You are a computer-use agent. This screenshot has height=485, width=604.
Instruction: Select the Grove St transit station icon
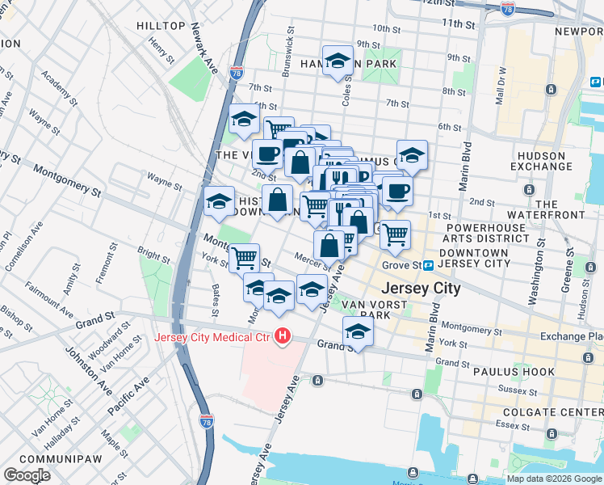(x=429, y=265)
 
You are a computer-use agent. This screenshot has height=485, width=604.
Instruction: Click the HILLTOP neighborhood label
(x=161, y=26)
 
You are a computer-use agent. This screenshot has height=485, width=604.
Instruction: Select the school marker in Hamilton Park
(x=338, y=60)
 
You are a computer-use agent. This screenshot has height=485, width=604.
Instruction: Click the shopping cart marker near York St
(x=244, y=258)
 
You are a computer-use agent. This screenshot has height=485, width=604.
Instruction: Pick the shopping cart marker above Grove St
(x=395, y=234)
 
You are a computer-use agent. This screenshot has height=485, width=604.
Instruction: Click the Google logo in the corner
(x=27, y=475)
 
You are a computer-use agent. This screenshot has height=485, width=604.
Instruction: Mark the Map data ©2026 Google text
(x=555, y=479)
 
